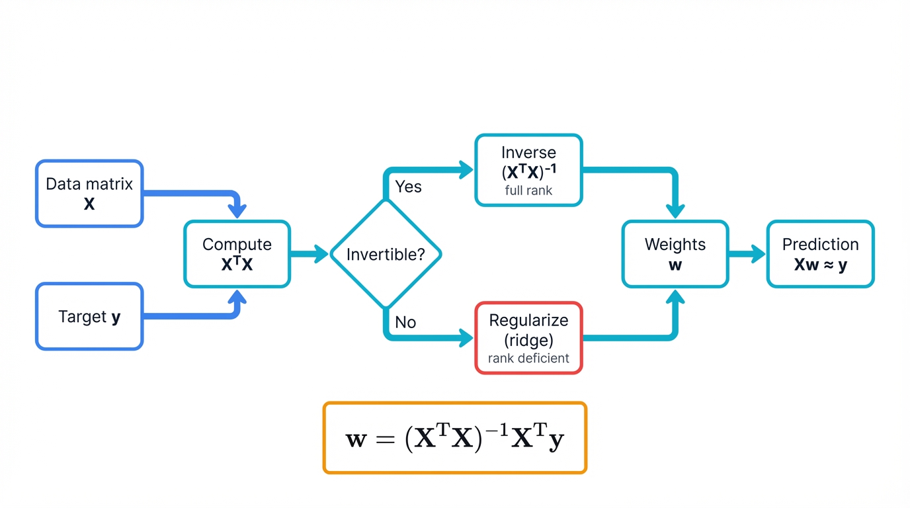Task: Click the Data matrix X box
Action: click(x=89, y=194)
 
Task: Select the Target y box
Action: click(x=89, y=317)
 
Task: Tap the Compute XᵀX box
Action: click(x=237, y=254)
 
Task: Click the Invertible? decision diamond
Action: click(x=386, y=254)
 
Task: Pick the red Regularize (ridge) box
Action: click(x=528, y=338)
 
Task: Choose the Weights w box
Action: click(x=675, y=254)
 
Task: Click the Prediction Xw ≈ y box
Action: click(x=820, y=254)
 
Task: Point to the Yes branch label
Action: click(x=408, y=187)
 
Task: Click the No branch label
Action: click(x=405, y=322)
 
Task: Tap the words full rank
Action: click(x=528, y=191)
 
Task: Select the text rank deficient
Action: click(x=528, y=359)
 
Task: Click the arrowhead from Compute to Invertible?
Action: click(x=321, y=254)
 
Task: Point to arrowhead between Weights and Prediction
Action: click(x=758, y=254)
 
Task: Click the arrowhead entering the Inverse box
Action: click(x=467, y=170)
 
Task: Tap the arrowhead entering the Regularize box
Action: click(x=467, y=338)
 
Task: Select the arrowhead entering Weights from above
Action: click(x=675, y=212)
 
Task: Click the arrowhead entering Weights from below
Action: click(x=675, y=296)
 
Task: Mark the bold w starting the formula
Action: click(x=356, y=439)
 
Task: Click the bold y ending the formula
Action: click(x=556, y=441)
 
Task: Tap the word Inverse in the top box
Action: click(x=528, y=153)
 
